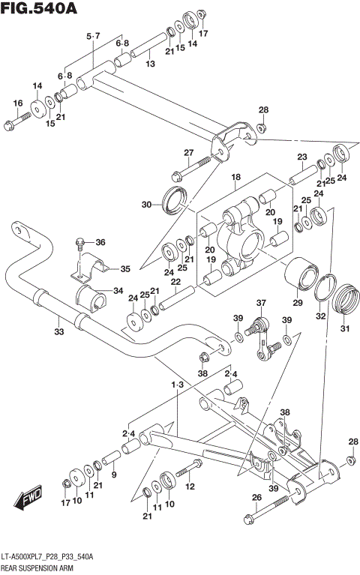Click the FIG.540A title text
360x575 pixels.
pos(37,9)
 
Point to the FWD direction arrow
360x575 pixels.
pos(29,496)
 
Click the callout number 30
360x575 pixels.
pos(147,205)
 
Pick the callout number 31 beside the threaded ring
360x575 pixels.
pos(346,328)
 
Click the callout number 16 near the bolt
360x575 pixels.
pos(18,103)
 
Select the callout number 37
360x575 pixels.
pos(261,304)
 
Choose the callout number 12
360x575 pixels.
pos(190,487)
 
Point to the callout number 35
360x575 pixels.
pos(124,268)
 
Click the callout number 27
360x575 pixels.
pos(189,153)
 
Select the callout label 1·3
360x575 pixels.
pos(177,384)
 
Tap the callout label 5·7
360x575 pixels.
pos(93,36)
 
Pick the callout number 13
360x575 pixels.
pos(150,64)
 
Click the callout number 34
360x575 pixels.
pos(118,291)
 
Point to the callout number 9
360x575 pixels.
pos(113,475)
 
